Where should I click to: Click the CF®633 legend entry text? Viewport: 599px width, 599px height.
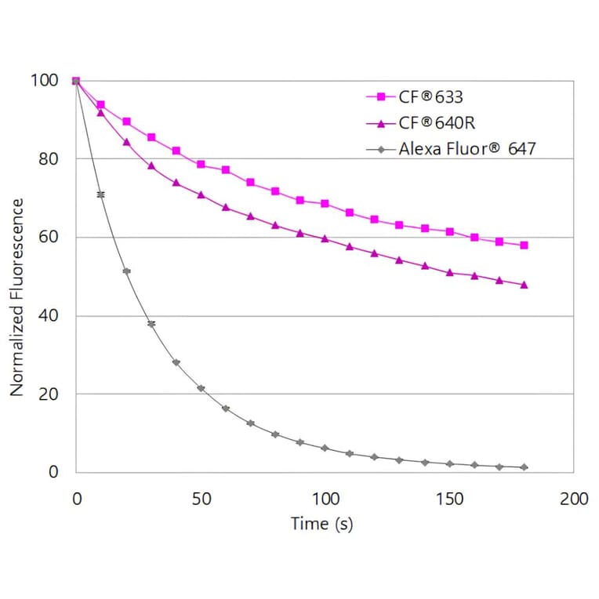[431, 97]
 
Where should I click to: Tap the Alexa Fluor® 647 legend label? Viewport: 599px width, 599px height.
[466, 147]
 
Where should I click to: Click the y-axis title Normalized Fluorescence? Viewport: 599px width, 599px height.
[17, 297]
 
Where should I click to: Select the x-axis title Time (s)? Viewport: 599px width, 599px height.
[321, 523]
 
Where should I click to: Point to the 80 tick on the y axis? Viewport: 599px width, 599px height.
[49, 158]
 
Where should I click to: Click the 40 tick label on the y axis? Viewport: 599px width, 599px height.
[49, 315]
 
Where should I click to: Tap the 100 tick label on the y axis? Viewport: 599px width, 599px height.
[44, 80]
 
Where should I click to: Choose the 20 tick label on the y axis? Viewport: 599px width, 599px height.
[49, 394]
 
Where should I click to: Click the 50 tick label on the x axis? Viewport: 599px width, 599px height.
[201, 499]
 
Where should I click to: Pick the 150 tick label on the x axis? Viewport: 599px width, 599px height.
[449, 499]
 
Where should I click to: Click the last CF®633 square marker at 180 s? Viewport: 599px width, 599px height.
[524, 245]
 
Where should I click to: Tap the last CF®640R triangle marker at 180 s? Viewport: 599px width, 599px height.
[524, 285]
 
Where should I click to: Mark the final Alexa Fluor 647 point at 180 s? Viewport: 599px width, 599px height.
[524, 467]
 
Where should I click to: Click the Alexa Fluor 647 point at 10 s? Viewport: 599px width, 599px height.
[100, 194]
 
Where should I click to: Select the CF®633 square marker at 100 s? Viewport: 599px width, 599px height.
[325, 203]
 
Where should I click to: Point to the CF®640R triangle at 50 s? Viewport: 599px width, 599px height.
[201, 194]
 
